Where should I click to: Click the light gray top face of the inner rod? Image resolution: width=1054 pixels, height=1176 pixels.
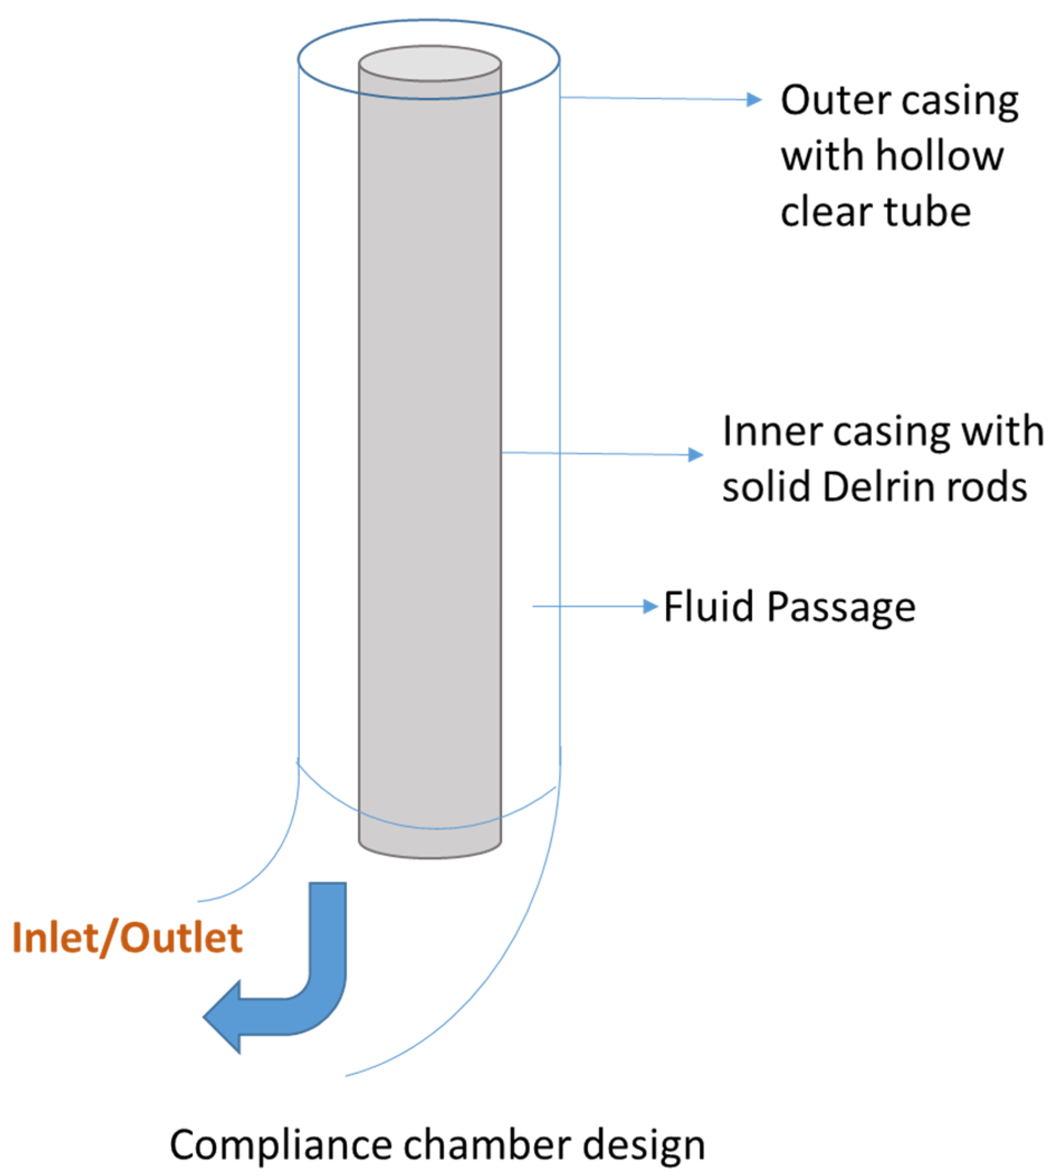430,63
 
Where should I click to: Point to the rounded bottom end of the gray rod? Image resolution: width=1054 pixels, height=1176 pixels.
430,849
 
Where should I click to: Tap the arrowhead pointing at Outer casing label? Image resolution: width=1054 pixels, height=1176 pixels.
754,100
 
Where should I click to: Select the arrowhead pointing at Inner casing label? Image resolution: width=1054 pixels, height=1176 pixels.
696,454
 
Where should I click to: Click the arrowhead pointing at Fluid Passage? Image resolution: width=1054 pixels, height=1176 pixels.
651,607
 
